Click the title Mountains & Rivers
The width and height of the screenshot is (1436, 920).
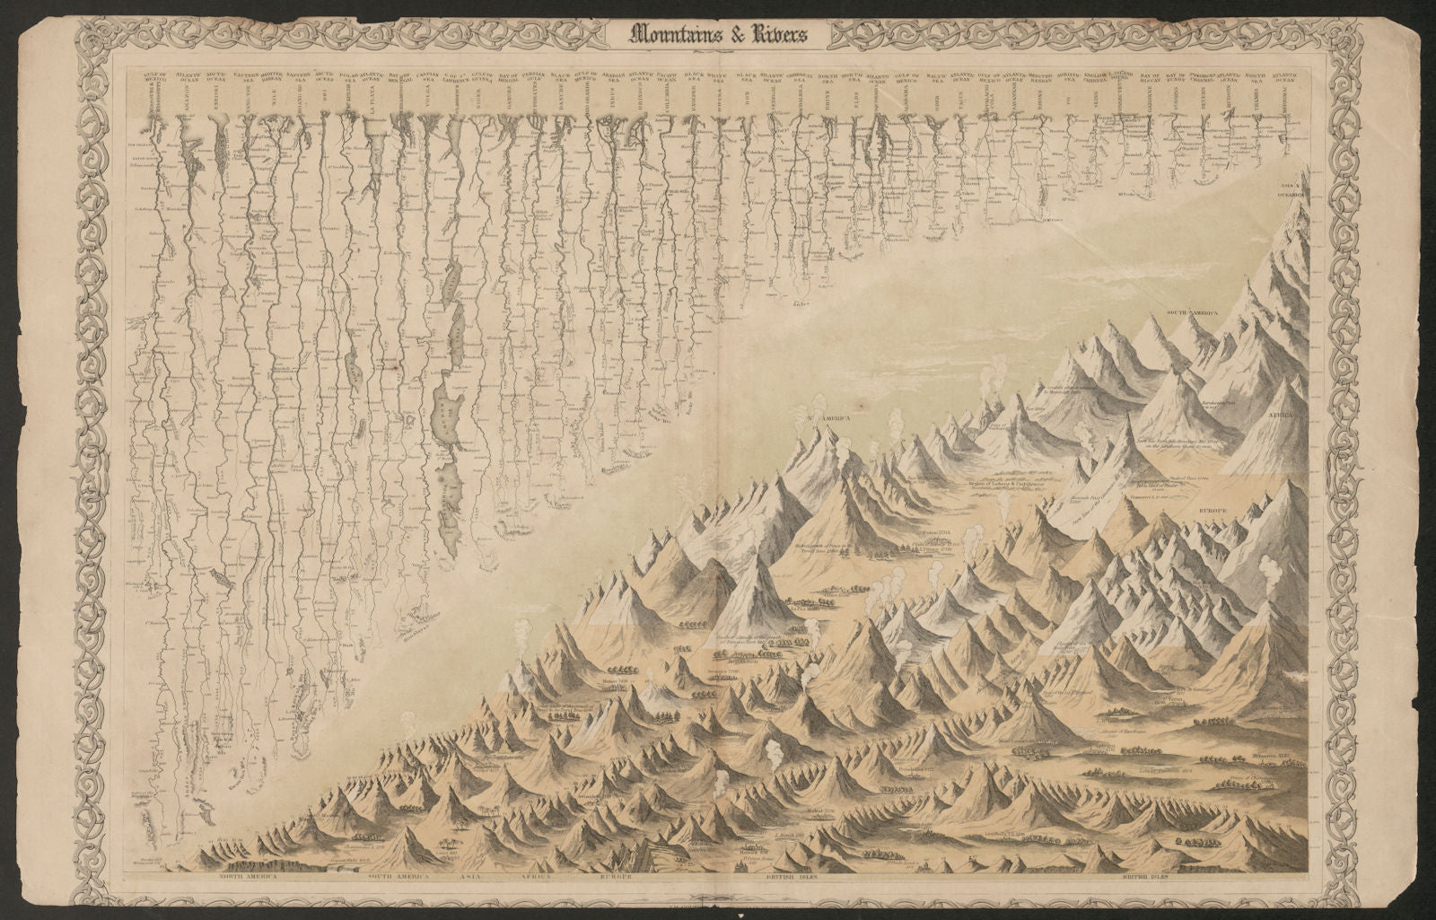pos(717,35)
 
